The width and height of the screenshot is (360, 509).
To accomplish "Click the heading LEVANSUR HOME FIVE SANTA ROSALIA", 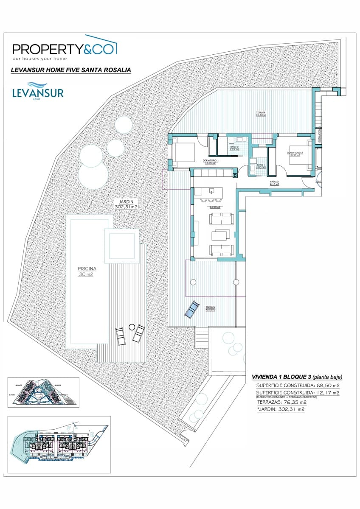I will click(x=71, y=70).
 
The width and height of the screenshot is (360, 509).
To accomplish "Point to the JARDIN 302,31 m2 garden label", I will click(x=126, y=204).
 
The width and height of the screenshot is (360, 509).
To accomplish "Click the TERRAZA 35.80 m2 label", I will click(x=260, y=113).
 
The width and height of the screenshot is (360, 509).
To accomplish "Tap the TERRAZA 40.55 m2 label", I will click(x=210, y=309).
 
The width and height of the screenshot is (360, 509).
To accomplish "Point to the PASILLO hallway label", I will click(x=275, y=183).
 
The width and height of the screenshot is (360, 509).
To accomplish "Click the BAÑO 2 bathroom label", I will click(x=234, y=148).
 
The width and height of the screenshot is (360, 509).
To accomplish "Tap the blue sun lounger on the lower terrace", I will click(x=192, y=309).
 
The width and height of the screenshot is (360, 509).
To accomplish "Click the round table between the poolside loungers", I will click(x=132, y=327).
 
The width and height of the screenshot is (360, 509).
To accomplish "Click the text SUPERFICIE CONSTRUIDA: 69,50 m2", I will click(x=298, y=385).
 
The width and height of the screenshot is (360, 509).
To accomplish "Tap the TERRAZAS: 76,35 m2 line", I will click(x=281, y=402).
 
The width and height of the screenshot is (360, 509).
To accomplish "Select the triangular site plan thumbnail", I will click(x=42, y=392).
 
